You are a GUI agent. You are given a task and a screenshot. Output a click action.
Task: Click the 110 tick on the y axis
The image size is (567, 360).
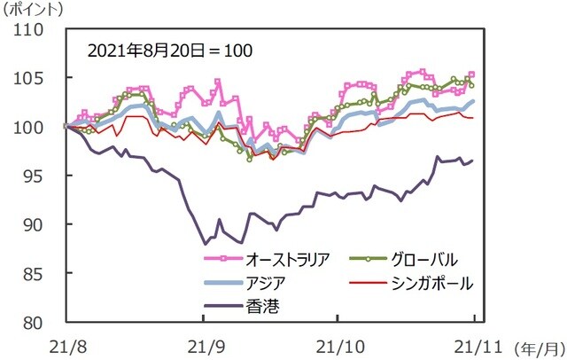pyautogui.click(x=34, y=29)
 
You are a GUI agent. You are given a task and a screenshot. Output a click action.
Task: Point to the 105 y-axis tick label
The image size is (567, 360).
pyautogui.click(x=34, y=78)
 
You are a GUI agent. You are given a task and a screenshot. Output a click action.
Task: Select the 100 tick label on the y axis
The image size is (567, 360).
pyautogui.click(x=34, y=127)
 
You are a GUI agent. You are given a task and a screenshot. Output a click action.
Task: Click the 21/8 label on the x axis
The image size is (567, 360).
pyautogui.click(x=66, y=342)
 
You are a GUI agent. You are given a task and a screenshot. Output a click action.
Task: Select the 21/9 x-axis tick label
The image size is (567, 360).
pyautogui.click(x=206, y=342)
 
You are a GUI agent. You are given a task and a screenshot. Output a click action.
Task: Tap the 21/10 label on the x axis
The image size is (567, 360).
pyautogui.click(x=339, y=342)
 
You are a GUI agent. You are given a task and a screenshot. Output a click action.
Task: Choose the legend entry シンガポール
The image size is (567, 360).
pyautogui.click(x=429, y=283)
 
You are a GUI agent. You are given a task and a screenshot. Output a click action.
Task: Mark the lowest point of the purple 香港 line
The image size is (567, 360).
pyautogui.click(x=206, y=243)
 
